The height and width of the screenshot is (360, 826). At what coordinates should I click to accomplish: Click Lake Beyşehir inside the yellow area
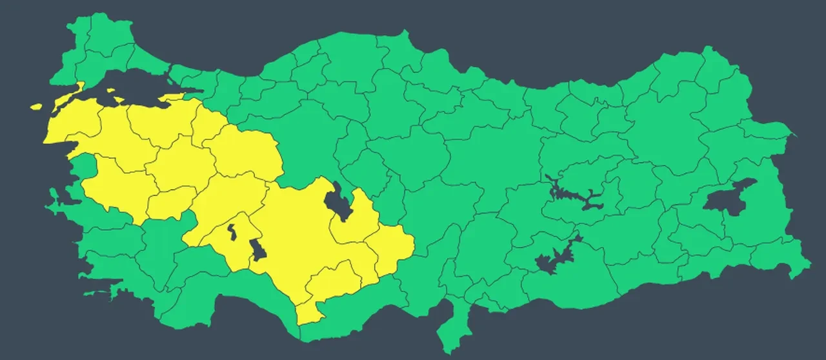click(257, 248)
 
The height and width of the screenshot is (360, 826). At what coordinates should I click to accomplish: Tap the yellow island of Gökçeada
click(35, 106)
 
